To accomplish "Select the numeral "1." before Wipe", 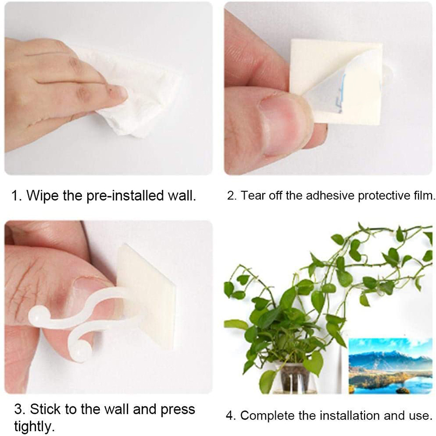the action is pos(16,196).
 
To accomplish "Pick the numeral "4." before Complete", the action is pos(231,416).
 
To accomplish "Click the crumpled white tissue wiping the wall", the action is pos(131,94).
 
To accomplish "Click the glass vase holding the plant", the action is pos(295,378).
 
